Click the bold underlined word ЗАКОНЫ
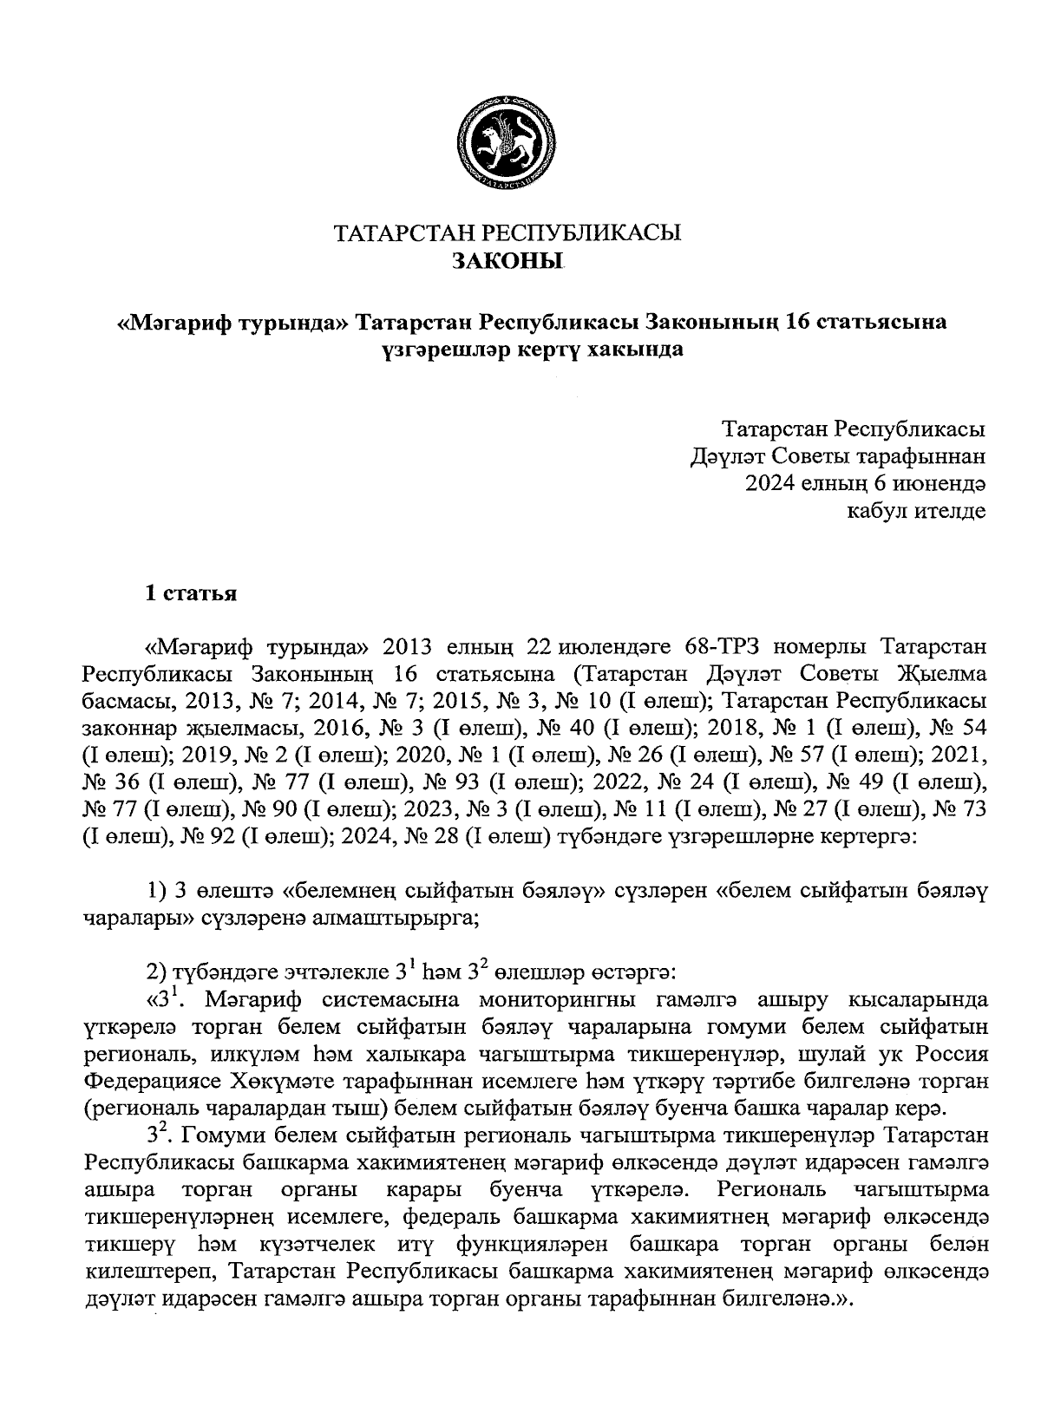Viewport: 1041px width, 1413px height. tap(507, 259)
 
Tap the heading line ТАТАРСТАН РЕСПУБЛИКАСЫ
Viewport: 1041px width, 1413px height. tap(507, 232)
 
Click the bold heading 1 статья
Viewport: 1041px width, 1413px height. tap(191, 594)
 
